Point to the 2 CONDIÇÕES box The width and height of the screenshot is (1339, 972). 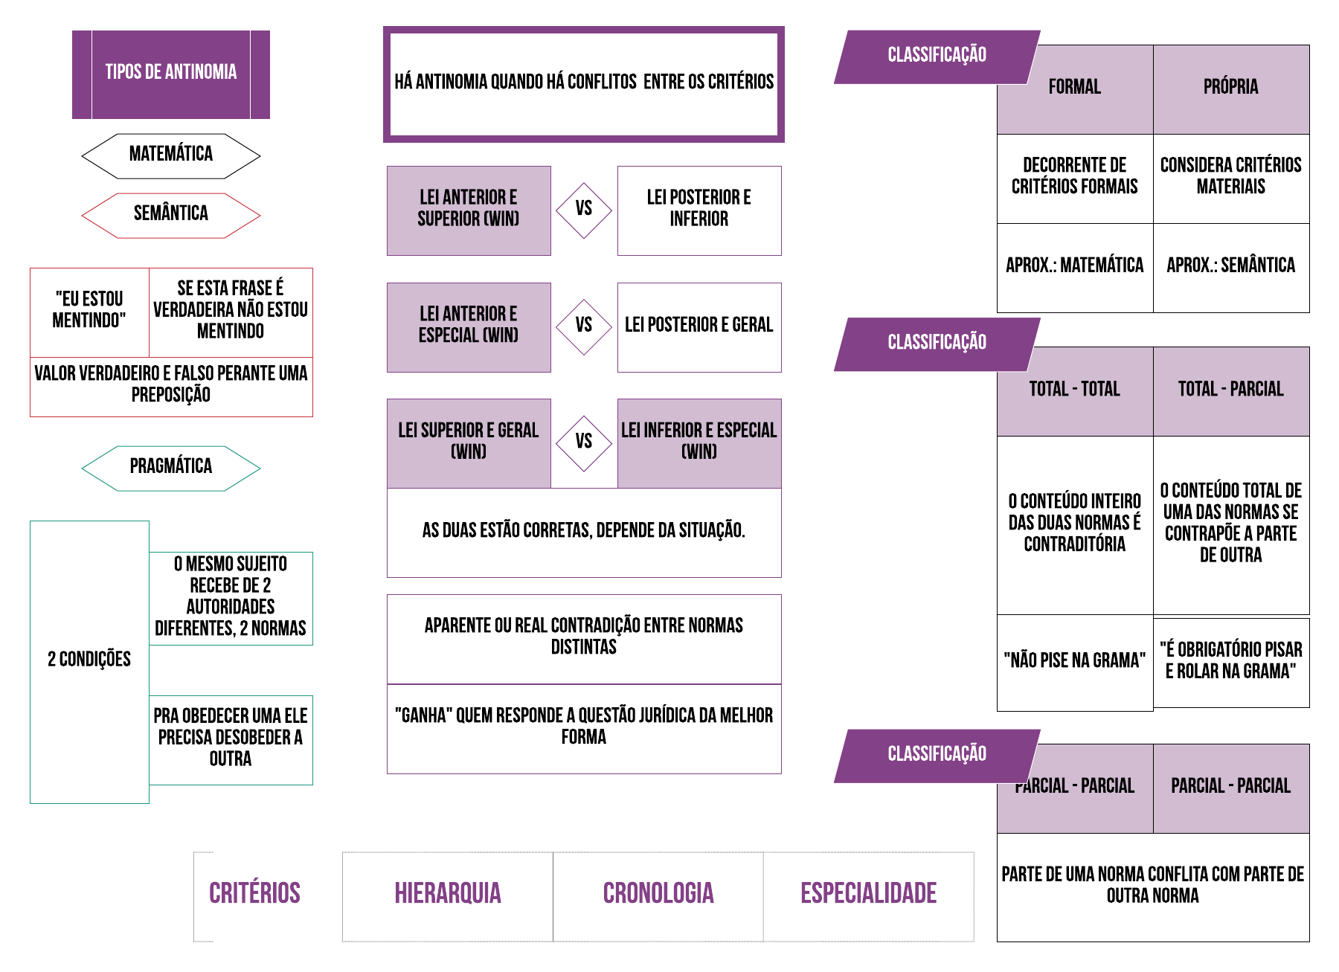pos(89,660)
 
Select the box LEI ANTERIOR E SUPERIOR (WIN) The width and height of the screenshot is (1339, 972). pos(469,210)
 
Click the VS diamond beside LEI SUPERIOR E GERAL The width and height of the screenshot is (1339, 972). pos(584,442)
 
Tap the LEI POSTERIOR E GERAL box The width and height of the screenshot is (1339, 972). pos(699,326)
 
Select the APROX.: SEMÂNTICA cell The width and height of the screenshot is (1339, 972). pos(1231,266)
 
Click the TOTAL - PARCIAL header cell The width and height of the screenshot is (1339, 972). pos(1231,390)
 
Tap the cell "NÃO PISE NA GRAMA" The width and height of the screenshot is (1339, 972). pos(1075,661)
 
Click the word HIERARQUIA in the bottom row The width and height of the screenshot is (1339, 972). pos(448,894)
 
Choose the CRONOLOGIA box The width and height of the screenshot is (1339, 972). pos(658,894)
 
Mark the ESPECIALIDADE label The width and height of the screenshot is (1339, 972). pos(868,894)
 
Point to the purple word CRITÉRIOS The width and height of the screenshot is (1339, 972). pos(254,894)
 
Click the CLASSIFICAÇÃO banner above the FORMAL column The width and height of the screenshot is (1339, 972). pos(937,56)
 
